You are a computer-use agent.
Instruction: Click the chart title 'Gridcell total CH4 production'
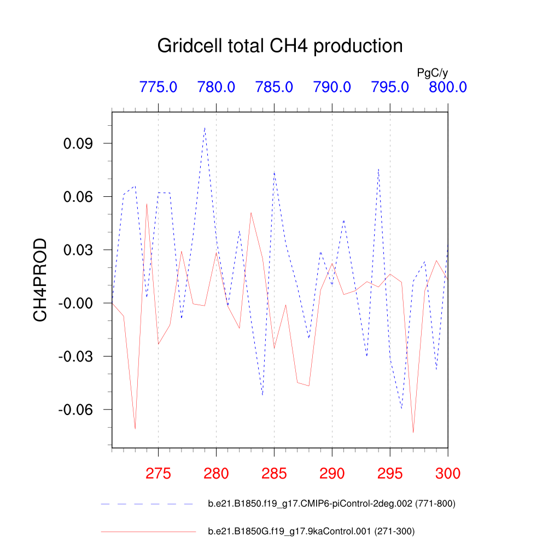(279, 46)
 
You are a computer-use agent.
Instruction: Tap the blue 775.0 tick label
(158, 87)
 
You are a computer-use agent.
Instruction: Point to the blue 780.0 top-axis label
(216, 87)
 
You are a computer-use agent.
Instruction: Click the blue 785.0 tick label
(274, 87)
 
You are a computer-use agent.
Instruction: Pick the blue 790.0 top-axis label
(332, 87)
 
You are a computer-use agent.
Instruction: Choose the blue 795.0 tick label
(390, 87)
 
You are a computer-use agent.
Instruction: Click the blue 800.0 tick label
(447, 87)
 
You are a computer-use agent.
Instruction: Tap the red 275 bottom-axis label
(158, 474)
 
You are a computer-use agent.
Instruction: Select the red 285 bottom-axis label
(274, 474)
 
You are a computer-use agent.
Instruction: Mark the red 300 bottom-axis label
(447, 474)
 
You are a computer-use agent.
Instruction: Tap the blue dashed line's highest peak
(205, 127)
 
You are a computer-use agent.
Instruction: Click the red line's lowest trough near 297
(413, 433)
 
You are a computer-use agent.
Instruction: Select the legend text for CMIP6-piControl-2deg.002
(331, 504)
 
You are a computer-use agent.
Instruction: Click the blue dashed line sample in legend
(148, 504)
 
